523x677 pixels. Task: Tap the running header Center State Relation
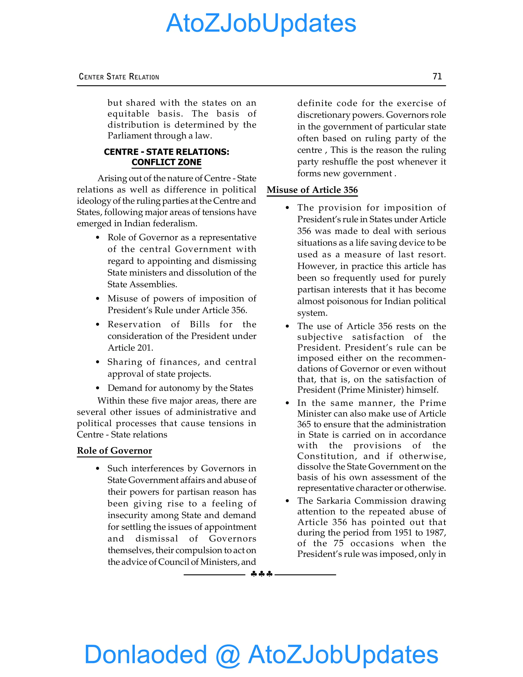coord(119,77)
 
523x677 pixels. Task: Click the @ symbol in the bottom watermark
coord(228,655)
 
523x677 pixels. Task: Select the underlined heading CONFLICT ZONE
coord(167,162)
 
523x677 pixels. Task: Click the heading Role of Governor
coord(114,450)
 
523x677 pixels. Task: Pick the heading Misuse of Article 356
coord(312,190)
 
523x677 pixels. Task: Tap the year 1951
coord(404,533)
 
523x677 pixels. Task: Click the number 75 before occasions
coord(338,543)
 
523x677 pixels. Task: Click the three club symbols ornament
coord(261,574)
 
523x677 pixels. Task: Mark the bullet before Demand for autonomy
coord(98,388)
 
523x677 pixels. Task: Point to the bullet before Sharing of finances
coord(98,362)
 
